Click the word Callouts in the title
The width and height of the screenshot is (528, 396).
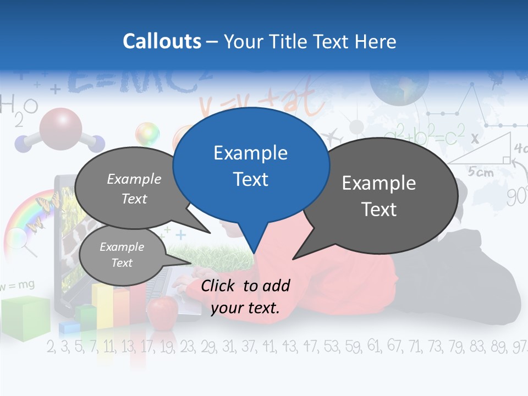162,41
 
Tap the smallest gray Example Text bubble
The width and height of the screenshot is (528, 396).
122,255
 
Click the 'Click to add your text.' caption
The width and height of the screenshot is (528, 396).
245,296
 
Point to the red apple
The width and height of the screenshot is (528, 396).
163,311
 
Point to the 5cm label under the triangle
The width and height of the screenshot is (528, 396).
481,172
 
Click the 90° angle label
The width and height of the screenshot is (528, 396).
517,196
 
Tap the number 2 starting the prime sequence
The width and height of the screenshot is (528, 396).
51,346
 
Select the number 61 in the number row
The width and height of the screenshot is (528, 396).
373,346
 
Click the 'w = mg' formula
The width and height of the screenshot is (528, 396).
18,285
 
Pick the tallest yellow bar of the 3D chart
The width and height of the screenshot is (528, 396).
102,305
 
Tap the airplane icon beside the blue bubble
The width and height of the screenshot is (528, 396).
332,135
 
